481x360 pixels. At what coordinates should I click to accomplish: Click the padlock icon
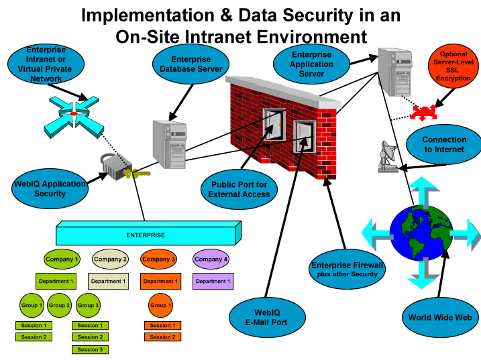click(113, 167)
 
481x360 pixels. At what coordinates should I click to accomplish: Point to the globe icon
click(421, 232)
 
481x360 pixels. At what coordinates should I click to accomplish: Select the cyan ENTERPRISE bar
click(146, 235)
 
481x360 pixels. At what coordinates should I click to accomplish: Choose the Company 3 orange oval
click(158, 259)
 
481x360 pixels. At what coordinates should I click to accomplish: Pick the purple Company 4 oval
click(211, 259)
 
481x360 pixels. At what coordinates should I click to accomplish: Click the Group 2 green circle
click(60, 305)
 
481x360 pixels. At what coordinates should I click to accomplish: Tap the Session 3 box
click(89, 349)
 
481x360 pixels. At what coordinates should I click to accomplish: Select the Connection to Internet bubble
click(443, 145)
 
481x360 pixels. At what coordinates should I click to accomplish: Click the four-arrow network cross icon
click(74, 114)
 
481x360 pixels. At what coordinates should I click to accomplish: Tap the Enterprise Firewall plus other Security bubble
click(347, 269)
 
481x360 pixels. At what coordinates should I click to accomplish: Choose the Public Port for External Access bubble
click(239, 189)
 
